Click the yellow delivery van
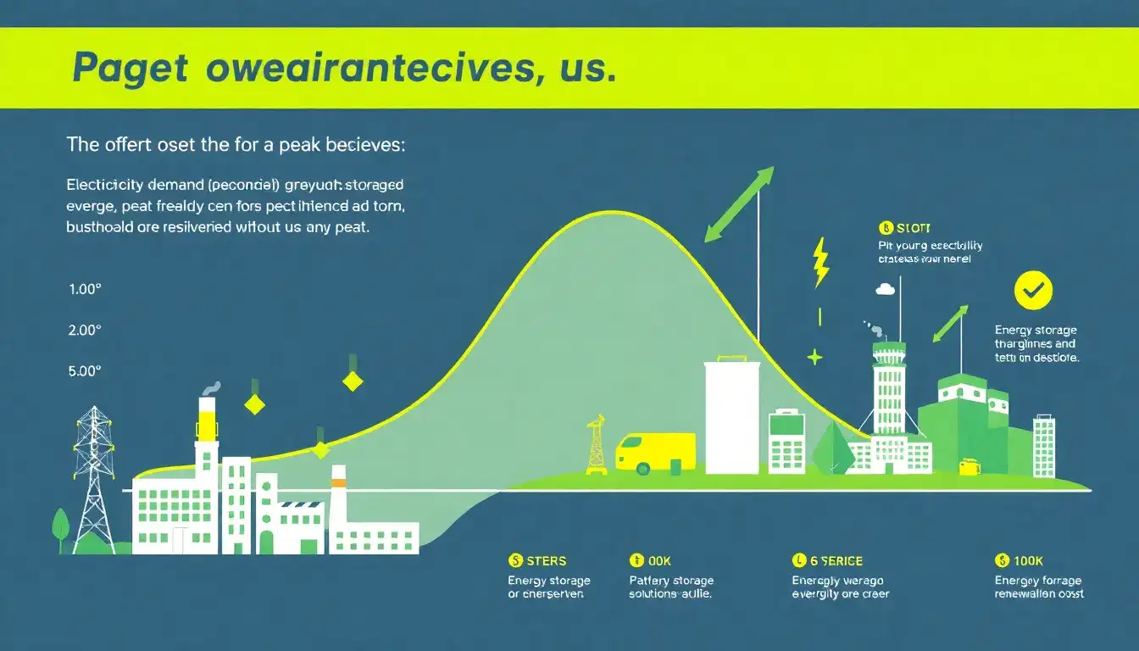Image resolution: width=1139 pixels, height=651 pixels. click(x=654, y=453)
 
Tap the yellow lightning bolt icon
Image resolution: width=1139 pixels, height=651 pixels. click(x=820, y=262)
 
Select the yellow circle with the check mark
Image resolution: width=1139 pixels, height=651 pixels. click(x=1033, y=292)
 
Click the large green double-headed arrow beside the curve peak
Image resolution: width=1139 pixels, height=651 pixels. click(x=739, y=203)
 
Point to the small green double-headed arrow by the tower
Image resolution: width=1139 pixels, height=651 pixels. click(x=950, y=324)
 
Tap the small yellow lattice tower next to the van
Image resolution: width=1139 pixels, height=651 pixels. click(x=597, y=444)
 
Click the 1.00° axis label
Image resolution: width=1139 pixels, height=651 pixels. click(x=85, y=288)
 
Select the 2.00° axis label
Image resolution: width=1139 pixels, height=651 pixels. click(x=85, y=330)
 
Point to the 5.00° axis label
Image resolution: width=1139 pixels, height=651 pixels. click(x=85, y=370)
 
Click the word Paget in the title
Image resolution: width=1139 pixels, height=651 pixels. click(x=130, y=69)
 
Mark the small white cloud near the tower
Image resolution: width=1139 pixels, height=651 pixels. click(x=885, y=289)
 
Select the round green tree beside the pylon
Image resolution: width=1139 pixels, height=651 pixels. click(x=61, y=526)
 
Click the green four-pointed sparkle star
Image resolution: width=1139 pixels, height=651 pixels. click(x=814, y=357)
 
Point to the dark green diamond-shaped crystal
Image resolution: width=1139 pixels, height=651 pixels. click(x=832, y=448)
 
